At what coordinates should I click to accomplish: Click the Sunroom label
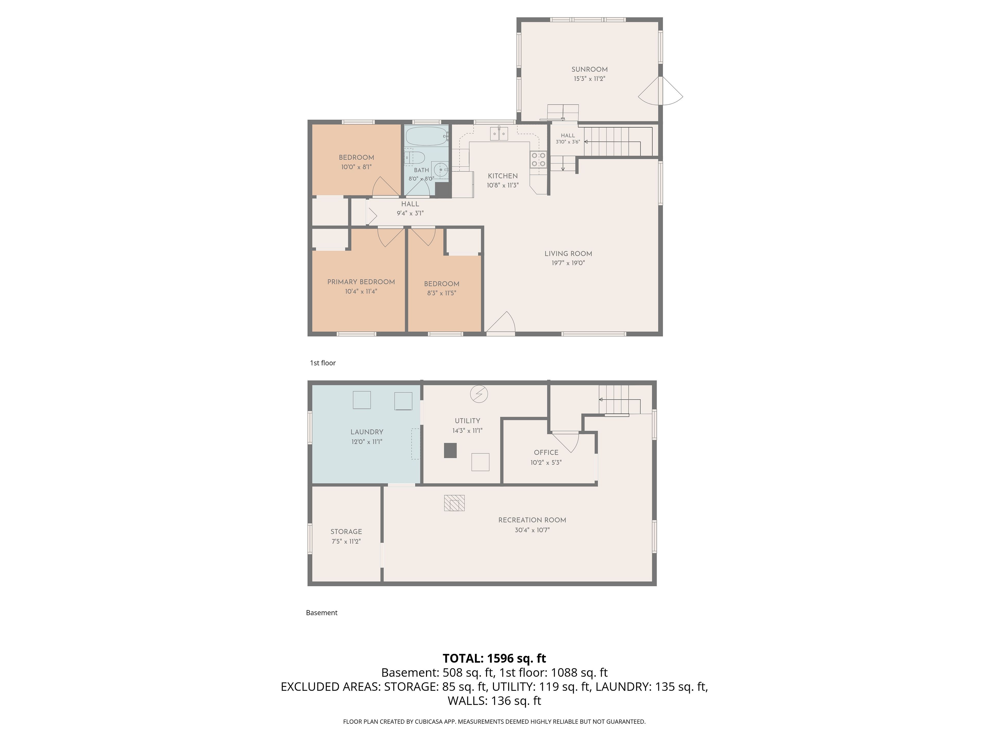(x=589, y=69)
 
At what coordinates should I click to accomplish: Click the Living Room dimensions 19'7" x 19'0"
(x=568, y=263)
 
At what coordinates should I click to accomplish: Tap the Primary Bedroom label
(x=361, y=282)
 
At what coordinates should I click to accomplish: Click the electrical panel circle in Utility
(x=479, y=394)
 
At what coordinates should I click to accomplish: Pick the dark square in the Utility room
(x=450, y=450)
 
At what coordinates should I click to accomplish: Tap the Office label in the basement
(x=546, y=452)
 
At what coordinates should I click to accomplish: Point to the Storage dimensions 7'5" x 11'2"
(x=346, y=541)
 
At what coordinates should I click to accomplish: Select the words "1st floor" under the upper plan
(x=323, y=363)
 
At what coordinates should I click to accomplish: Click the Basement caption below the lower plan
(x=321, y=613)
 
